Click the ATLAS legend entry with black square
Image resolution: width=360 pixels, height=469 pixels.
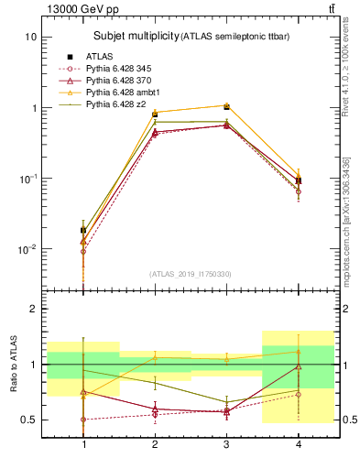pos(99,57)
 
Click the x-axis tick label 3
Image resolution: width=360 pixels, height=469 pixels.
pos(225,444)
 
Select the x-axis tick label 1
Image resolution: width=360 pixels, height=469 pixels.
pos(84,444)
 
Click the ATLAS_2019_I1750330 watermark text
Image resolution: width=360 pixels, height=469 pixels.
pos(191,274)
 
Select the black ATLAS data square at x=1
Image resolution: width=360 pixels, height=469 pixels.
pos(84,231)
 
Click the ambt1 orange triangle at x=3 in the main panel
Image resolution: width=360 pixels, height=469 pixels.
pos(225,105)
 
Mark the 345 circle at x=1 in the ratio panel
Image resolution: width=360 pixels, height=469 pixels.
pos(84,420)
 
